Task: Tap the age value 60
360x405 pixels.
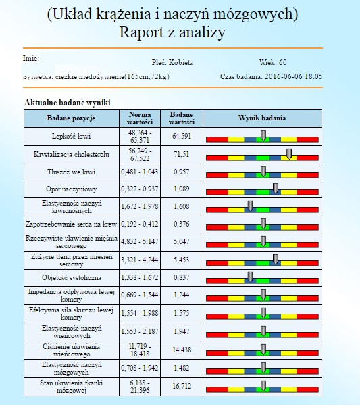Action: pos(282,62)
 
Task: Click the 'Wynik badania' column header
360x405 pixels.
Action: pos(262,118)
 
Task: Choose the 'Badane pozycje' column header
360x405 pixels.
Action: pos(71,118)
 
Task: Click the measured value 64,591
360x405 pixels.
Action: pos(182,136)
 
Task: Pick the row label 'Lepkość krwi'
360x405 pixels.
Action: pos(71,136)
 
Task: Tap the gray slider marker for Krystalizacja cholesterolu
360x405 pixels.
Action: pos(289,154)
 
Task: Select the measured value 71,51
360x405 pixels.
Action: pos(182,154)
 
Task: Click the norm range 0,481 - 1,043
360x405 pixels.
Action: pos(139,172)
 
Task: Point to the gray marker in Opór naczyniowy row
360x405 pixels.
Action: pos(276,189)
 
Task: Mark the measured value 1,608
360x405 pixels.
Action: pos(182,206)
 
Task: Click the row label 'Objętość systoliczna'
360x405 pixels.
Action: pos(72,278)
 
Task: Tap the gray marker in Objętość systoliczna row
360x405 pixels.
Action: pos(250,277)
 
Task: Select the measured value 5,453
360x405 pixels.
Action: pos(182,260)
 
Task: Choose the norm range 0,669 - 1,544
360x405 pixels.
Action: pos(139,295)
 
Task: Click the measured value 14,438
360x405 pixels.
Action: pos(182,350)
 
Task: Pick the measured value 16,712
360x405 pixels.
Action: pos(182,386)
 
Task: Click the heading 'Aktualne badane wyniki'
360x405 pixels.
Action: pos(68,103)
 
